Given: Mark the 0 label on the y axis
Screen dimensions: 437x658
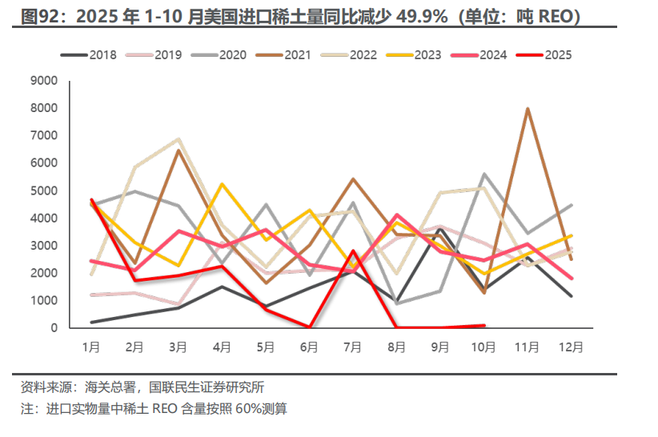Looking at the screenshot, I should pyautogui.click(x=53, y=328).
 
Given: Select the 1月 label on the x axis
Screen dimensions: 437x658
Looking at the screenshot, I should pyautogui.click(x=91, y=347).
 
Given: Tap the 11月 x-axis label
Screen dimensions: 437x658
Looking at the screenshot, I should pyautogui.click(x=527, y=347).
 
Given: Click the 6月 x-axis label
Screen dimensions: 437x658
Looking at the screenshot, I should pyautogui.click(x=309, y=347).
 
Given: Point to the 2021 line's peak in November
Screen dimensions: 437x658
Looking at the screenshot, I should pyautogui.click(x=527, y=108).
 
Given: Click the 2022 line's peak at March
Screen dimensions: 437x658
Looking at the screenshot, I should pyautogui.click(x=179, y=138).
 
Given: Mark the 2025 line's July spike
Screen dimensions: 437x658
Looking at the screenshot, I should pyautogui.click(x=353, y=251).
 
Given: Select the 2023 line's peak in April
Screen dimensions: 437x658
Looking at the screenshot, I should pyautogui.click(x=222, y=184).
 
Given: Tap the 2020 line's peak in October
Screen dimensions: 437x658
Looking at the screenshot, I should pyautogui.click(x=483, y=174).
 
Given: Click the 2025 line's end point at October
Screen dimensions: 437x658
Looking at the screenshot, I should pyautogui.click(x=483, y=325).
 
